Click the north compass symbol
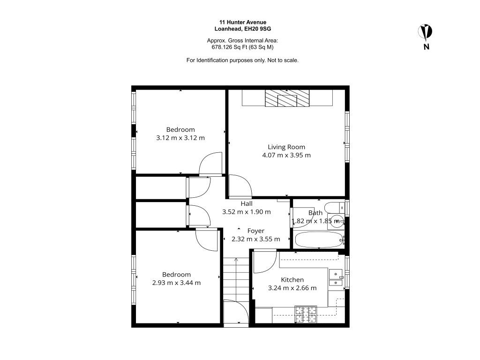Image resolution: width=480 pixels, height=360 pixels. [x=425, y=32]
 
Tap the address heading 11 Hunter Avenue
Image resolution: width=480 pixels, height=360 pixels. [x=243, y=22]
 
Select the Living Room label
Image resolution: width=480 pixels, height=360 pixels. [x=286, y=147]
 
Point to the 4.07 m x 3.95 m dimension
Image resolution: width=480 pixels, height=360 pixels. [x=286, y=155]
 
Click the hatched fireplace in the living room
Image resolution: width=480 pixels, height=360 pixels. [x=287, y=98]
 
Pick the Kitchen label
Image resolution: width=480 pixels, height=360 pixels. [x=292, y=279]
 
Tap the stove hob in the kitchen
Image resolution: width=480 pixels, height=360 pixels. [x=306, y=314]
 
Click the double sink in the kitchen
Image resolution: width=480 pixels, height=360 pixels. [x=336, y=278]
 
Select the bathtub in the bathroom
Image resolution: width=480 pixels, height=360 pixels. [x=319, y=240]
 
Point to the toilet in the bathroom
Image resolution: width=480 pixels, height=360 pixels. [x=335, y=208]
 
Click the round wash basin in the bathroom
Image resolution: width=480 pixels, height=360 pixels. [x=337, y=220]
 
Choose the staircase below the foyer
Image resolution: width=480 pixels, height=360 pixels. [x=236, y=279]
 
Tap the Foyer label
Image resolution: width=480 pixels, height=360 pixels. [x=255, y=231]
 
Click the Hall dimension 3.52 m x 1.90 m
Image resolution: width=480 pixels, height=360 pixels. [x=247, y=212]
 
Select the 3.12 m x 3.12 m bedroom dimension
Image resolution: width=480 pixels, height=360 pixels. [x=180, y=138]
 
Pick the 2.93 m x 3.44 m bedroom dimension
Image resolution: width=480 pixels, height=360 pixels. [x=176, y=283]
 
